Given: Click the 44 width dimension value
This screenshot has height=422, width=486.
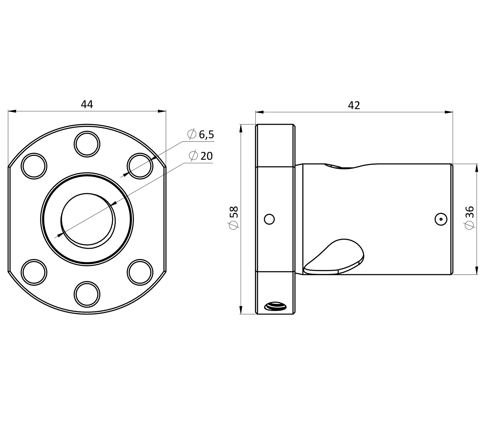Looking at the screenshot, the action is pos(87,105).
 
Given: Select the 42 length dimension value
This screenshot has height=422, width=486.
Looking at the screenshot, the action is pos(354,105).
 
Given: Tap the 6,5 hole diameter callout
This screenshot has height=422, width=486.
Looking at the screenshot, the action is pos(206,134).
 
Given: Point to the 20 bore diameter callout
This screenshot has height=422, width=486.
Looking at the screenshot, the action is pos(206,156).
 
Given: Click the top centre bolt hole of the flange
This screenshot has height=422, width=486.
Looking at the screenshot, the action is pos(87,144).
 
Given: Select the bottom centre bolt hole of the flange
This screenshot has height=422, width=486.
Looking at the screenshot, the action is pos(87,294).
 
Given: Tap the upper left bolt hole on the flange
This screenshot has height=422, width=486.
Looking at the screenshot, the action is pos(34,166).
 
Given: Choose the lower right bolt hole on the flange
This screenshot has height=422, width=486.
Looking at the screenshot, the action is pos(140,272).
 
